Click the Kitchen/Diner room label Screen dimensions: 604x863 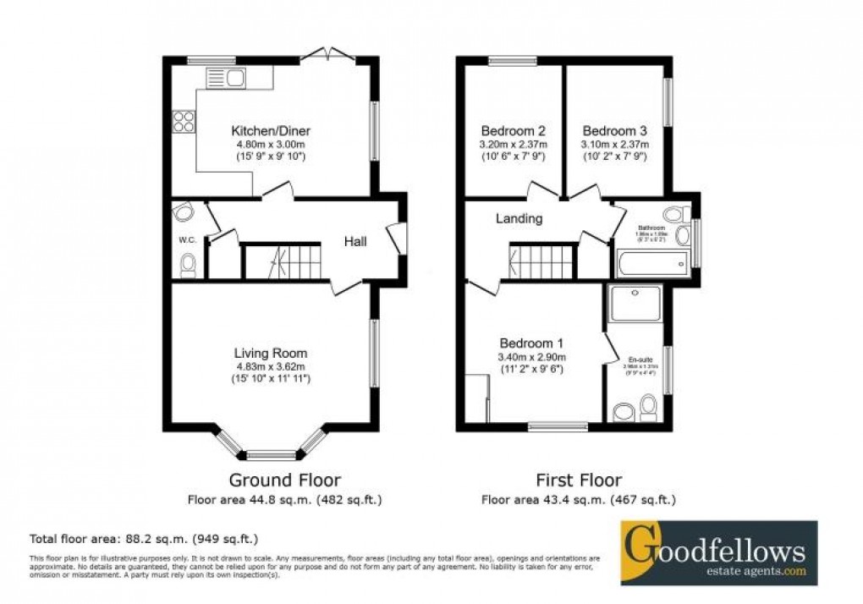(x=271, y=131)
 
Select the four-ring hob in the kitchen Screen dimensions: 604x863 (x=184, y=122)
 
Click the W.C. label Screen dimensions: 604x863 (x=187, y=240)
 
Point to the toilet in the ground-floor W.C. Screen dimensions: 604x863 (x=188, y=266)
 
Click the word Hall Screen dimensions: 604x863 (x=355, y=242)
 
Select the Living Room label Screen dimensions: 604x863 (x=271, y=353)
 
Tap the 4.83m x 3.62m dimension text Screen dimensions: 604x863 (x=271, y=366)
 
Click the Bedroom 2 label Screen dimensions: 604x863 (x=513, y=131)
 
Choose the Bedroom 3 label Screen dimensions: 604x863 (x=615, y=131)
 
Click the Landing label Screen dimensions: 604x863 (x=519, y=218)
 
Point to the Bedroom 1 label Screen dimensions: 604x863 (x=531, y=343)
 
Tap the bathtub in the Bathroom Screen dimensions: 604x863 (x=651, y=264)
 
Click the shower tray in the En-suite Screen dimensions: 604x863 (x=635, y=303)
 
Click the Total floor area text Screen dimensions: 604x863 (x=144, y=538)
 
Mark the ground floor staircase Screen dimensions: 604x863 (x=283, y=261)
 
